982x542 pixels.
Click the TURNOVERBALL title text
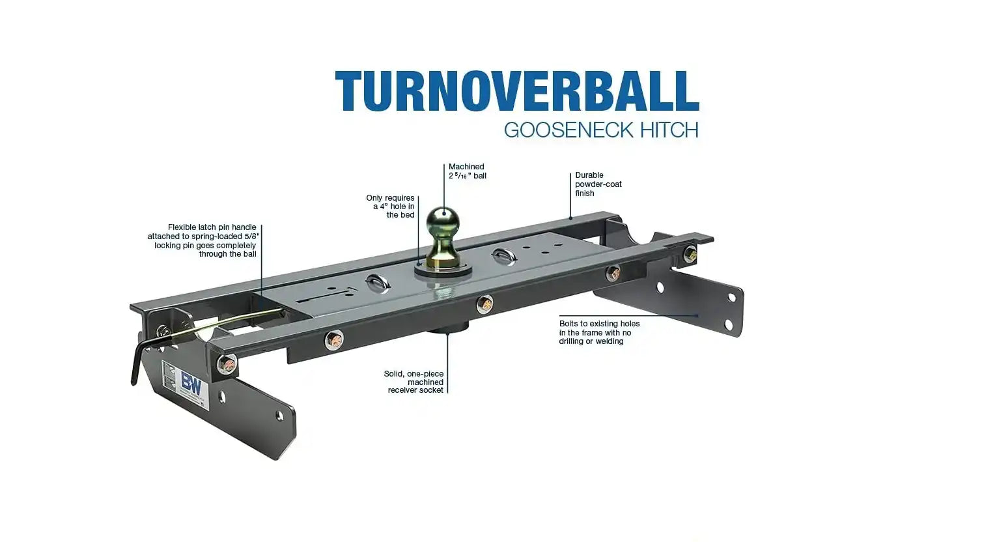[517, 91]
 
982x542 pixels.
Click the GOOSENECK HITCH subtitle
[601, 130]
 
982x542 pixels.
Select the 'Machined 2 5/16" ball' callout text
[468, 171]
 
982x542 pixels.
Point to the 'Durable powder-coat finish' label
[598, 184]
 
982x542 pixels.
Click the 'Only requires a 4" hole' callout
[390, 206]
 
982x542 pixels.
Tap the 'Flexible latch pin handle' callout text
[203, 240]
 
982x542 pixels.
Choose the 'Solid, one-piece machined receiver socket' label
[414, 382]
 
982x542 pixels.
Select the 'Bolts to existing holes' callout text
[599, 332]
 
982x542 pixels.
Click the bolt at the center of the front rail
[484, 304]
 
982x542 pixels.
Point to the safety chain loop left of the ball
[378, 283]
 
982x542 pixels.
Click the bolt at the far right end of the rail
[690, 254]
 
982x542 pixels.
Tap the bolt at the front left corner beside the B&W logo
[227, 364]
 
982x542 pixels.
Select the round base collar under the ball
[443, 269]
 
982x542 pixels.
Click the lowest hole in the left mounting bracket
[279, 415]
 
